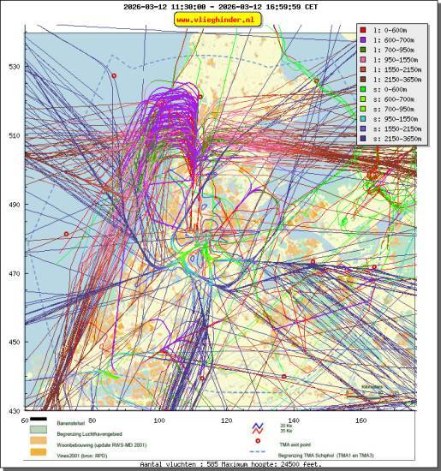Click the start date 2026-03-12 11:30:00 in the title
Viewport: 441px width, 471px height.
165,6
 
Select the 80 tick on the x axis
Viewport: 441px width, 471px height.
92,420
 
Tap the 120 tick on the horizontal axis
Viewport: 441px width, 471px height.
226,420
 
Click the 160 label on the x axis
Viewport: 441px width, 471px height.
361,420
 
